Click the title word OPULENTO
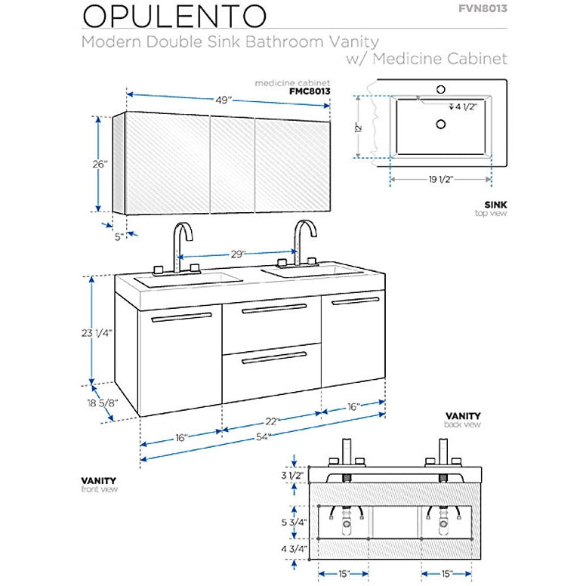pyautogui.click(x=174, y=16)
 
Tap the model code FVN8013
pyautogui.click(x=482, y=9)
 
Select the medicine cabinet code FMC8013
pyautogui.click(x=310, y=90)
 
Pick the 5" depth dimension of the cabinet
pyautogui.click(x=118, y=236)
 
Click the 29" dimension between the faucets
pyautogui.click(x=239, y=254)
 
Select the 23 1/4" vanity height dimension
pyautogui.click(x=97, y=332)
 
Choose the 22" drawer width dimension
pyautogui.click(x=273, y=421)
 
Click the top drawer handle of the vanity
pyautogui.click(x=273, y=308)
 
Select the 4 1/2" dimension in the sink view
pyautogui.click(x=466, y=106)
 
